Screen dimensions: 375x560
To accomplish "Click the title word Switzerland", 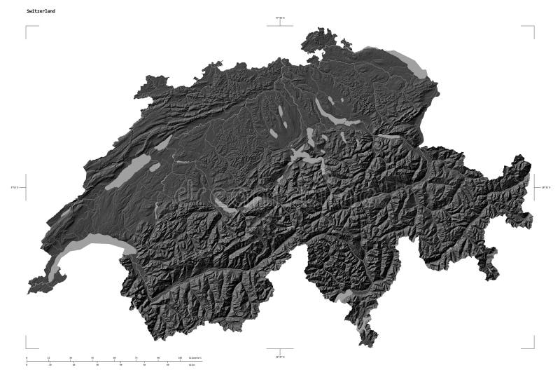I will (x=41, y=12).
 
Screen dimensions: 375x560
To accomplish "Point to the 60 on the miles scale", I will (x=167, y=365).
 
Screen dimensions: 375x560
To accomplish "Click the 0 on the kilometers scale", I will (x=27, y=358).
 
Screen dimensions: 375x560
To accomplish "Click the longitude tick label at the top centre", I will (x=280, y=18).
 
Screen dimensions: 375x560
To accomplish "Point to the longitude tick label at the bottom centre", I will (x=280, y=357).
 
